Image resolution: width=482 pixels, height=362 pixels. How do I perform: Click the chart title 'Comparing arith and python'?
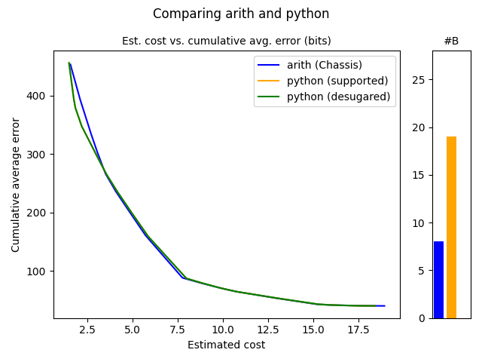coord(241,14)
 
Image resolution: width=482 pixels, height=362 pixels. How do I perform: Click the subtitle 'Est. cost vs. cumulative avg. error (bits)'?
coord(226,41)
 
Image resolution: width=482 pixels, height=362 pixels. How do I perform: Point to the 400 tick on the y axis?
coord(39,96)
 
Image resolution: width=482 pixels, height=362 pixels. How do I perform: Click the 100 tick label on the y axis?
coord(39,271)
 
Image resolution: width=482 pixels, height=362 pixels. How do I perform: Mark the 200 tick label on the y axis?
coord(39,213)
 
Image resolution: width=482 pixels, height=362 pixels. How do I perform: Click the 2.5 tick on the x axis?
coord(87,330)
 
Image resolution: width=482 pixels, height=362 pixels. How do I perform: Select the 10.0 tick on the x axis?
coord(223,330)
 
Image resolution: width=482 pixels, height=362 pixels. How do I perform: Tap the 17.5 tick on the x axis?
coord(358,330)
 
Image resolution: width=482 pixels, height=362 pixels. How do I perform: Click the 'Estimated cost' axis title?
coord(226,345)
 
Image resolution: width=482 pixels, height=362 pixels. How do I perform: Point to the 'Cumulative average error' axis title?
coord(16,185)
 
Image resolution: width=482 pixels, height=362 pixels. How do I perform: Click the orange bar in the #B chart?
coord(451,227)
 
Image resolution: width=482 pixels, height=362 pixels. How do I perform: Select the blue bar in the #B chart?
coord(438,280)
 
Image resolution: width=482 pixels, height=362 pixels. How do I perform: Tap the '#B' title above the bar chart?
coord(451,41)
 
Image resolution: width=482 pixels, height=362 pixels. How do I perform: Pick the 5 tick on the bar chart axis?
coord(423,271)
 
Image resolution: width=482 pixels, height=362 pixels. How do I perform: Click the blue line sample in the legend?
coord(267,65)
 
